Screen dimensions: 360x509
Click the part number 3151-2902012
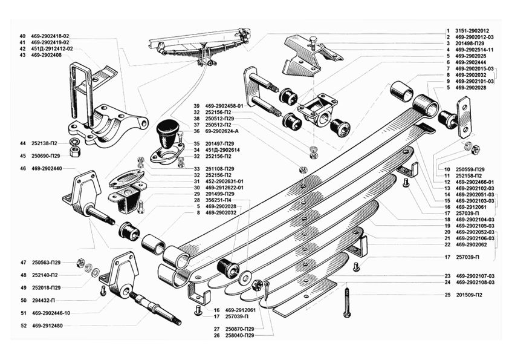(x=472, y=30)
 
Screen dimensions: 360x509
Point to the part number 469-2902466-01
(x=475, y=182)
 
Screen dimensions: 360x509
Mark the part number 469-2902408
(x=47, y=56)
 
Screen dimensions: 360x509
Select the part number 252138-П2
(x=46, y=143)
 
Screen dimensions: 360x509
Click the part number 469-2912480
(x=47, y=326)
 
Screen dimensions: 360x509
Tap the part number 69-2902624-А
(x=223, y=131)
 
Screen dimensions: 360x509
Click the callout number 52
(x=22, y=326)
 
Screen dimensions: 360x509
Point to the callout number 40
(x=22, y=36)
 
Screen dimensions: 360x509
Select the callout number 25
(x=447, y=295)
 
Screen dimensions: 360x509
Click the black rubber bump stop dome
(x=165, y=131)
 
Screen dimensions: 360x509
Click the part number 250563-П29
(x=46, y=263)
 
